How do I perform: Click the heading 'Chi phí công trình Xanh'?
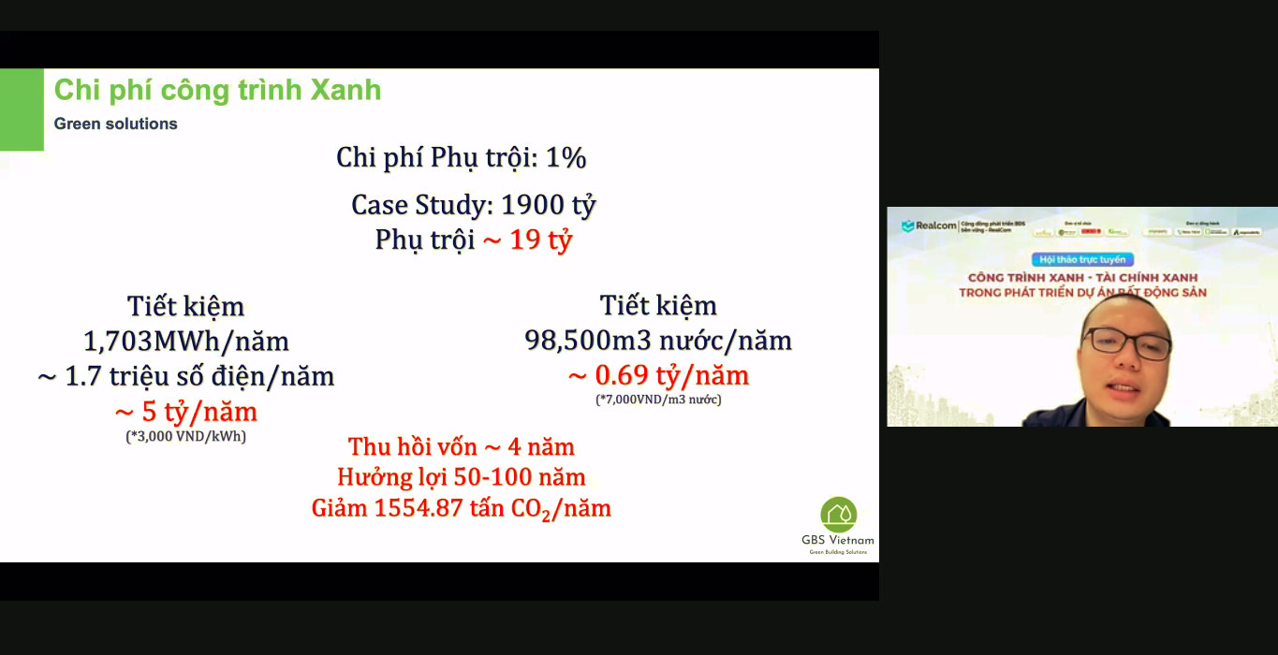click(217, 91)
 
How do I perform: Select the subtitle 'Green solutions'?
click(115, 124)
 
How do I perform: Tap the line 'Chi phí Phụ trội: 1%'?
click(462, 158)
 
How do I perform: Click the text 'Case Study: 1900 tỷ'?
click(474, 205)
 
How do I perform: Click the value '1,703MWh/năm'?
click(186, 341)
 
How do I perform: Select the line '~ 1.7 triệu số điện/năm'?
click(186, 376)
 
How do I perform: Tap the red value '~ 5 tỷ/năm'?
click(185, 412)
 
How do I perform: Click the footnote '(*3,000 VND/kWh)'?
click(186, 436)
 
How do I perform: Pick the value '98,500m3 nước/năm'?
click(658, 341)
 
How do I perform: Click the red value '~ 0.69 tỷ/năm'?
click(658, 376)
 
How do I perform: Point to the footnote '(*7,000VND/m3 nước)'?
click(658, 400)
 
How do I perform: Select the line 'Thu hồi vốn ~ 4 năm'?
click(462, 446)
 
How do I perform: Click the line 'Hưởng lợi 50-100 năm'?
click(462, 477)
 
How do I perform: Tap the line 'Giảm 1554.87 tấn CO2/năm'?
click(462, 509)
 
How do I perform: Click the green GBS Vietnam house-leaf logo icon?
click(838, 515)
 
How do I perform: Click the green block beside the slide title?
click(22, 109)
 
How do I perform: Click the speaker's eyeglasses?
click(1126, 344)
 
